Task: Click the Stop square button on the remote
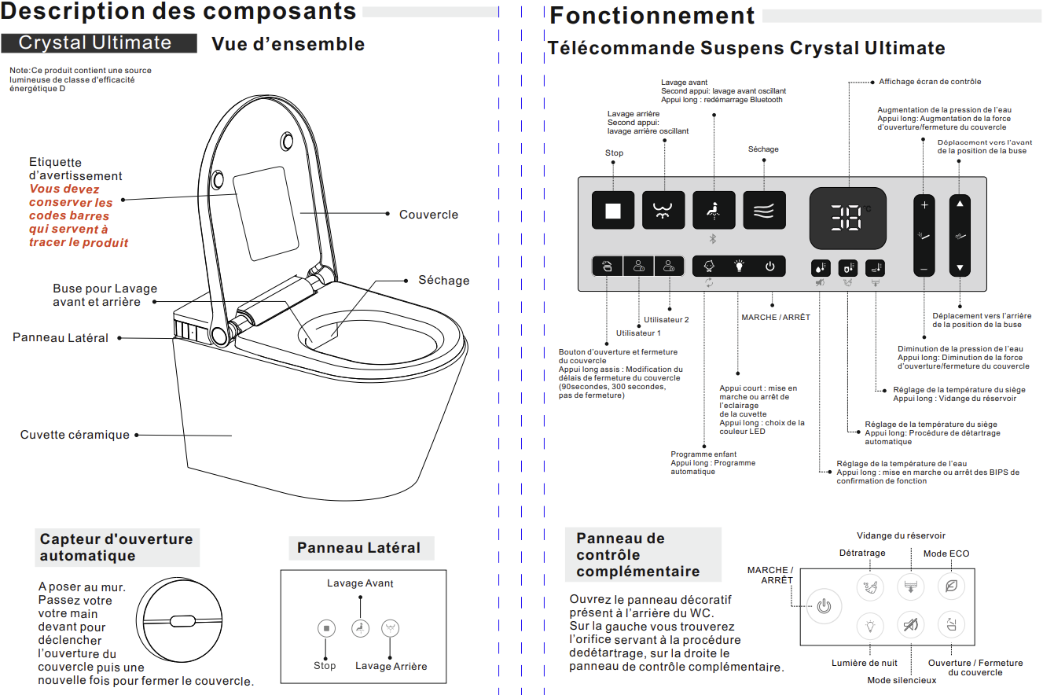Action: tap(612, 210)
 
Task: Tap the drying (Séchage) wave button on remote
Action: tap(764, 210)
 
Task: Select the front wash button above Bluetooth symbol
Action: tap(714, 210)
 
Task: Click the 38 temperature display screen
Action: tap(848, 217)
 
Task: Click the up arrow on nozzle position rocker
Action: tap(959, 204)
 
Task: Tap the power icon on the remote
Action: tap(769, 267)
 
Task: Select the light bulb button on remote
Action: tap(739, 267)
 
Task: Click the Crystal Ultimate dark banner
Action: tap(98, 42)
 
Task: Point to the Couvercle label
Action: tap(428, 215)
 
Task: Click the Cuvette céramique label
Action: tap(75, 435)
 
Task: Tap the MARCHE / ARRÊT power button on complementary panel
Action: tap(823, 607)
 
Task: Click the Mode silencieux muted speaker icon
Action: tap(910, 626)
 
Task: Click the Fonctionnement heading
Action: tap(652, 16)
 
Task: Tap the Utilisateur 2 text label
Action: tap(667, 320)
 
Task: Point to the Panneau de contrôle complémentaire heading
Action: tap(637, 554)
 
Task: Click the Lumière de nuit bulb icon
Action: tap(869, 626)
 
